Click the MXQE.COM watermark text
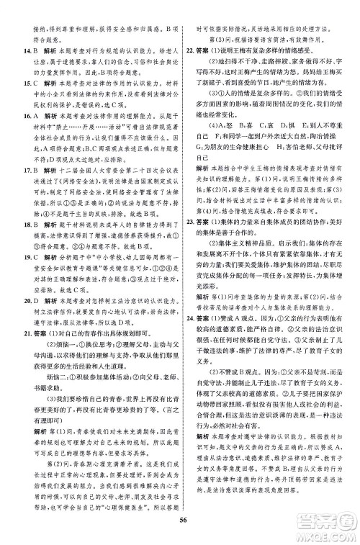pos(328,531)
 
